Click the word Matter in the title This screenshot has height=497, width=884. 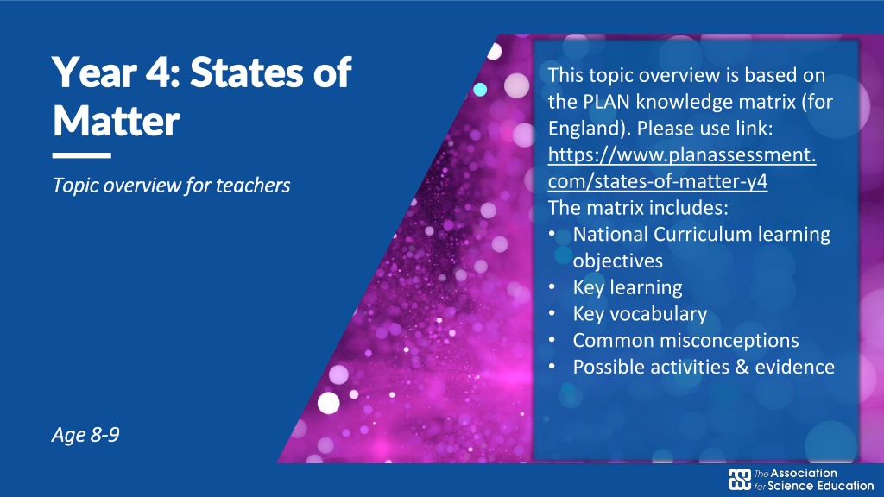(117, 121)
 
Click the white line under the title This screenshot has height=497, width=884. (82, 155)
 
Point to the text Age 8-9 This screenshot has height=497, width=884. (85, 435)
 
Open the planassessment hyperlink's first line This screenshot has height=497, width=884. (682, 155)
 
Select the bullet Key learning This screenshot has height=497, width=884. (628, 287)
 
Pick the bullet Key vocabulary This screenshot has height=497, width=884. (640, 314)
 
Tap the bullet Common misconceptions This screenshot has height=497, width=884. (685, 340)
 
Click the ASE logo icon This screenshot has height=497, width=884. (739, 480)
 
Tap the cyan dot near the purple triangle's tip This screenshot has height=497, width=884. (480, 89)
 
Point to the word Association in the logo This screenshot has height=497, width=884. (804, 474)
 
